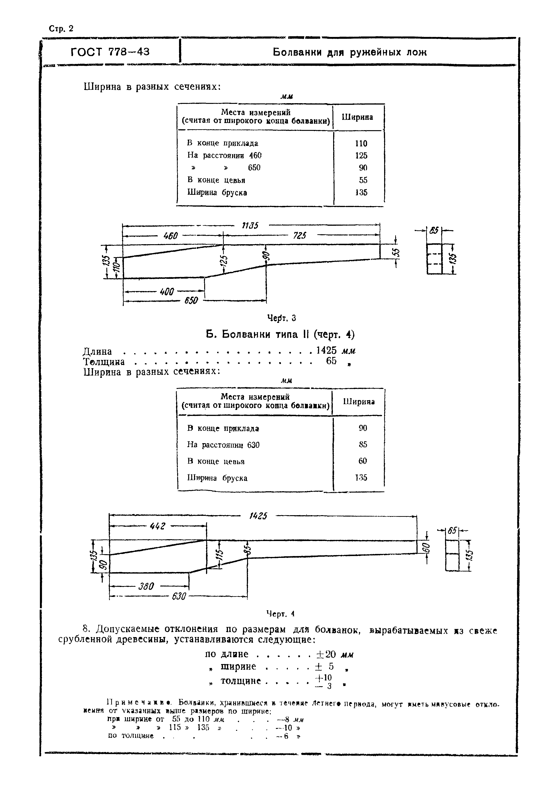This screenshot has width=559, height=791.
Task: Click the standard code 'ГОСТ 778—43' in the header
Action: point(110,52)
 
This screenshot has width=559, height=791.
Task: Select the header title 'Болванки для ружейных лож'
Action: point(350,52)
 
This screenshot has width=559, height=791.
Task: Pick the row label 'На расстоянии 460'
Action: point(224,155)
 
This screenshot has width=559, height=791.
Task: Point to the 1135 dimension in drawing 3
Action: point(250,226)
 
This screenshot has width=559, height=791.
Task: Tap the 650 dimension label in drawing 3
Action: point(191,301)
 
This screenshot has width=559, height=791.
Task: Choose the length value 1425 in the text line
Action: point(326,350)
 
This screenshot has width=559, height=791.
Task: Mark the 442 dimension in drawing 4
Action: point(158,526)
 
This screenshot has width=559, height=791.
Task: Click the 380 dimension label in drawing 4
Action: point(146,586)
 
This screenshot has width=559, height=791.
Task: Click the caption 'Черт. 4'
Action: point(281,614)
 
